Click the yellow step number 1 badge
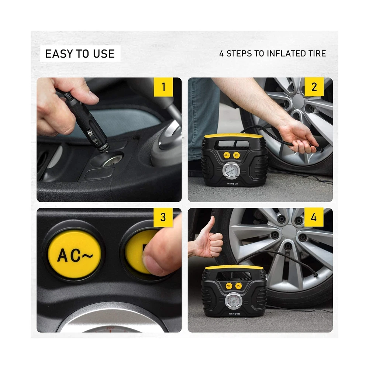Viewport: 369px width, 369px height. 163,87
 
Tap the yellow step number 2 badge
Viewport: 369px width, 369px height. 314,87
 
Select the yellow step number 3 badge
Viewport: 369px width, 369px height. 163,217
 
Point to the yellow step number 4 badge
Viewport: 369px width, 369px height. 314,217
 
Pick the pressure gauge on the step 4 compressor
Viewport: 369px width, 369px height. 234,301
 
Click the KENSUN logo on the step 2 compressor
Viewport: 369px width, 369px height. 232,183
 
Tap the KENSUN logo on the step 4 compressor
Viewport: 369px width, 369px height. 234,314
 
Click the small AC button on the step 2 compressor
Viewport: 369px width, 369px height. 227,155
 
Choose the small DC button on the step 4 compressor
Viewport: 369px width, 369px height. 238,286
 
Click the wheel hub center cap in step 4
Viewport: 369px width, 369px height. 289,232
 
